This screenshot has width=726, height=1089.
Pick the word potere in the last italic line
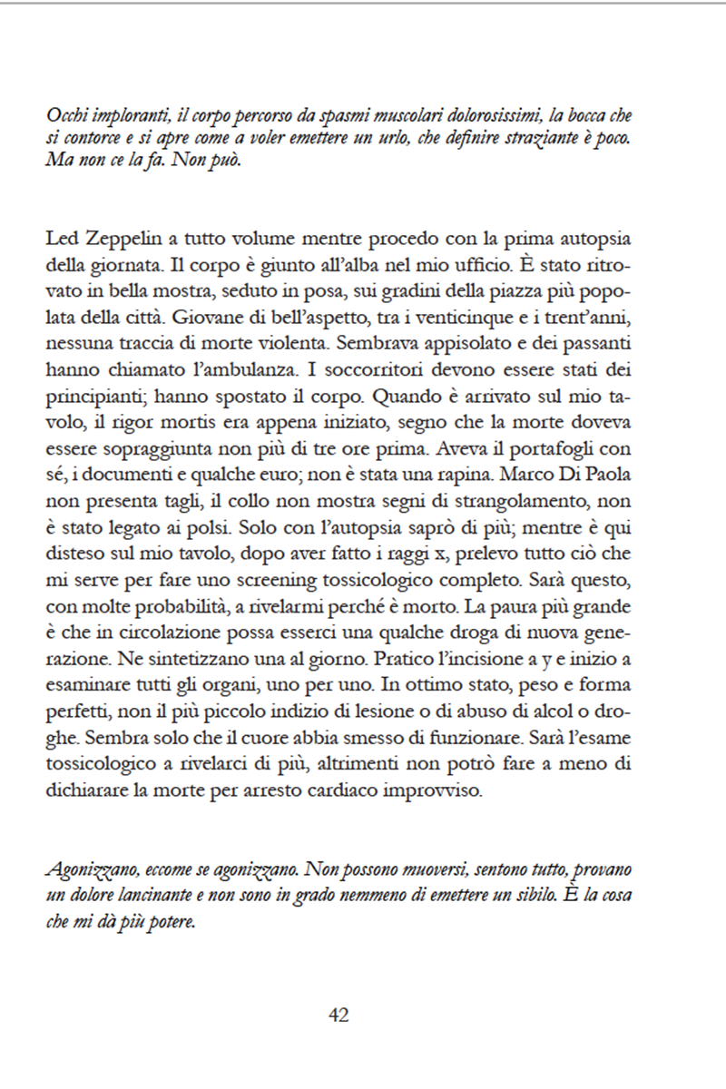[171, 918]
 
